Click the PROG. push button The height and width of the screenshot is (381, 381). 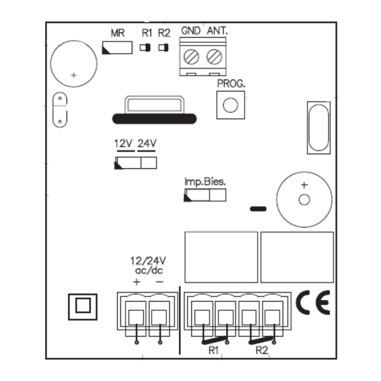[231, 105]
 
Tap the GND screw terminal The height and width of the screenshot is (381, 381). [191, 57]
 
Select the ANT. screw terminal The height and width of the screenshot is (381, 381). [214, 57]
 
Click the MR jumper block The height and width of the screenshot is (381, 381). [117, 48]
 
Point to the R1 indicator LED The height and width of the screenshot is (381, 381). [145, 48]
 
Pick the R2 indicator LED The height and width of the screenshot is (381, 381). [163, 48]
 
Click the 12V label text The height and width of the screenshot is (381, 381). [123, 144]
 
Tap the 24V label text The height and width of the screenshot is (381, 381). [147, 144]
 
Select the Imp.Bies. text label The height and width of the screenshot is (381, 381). [205, 182]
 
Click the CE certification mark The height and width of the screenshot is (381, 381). [313, 303]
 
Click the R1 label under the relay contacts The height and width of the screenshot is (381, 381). [214, 350]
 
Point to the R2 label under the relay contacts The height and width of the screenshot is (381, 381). [262, 350]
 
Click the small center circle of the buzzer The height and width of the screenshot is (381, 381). [304, 200]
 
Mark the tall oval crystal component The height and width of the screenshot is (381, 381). [318, 128]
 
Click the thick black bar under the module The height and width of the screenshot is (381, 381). [154, 119]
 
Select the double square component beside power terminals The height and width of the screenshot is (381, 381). [82, 307]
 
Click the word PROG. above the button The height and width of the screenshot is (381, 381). [231, 84]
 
